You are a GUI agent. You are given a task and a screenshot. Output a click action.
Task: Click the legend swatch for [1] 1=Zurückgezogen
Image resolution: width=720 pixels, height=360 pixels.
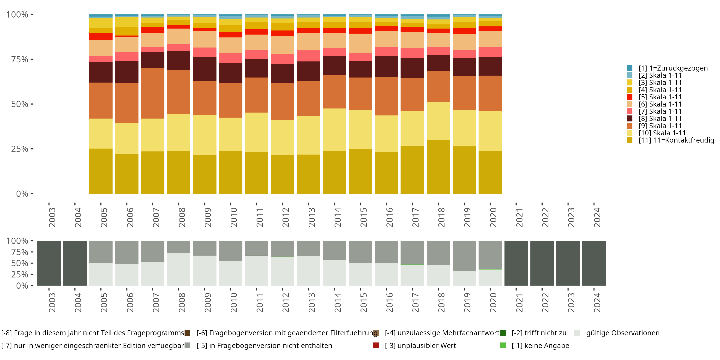[x=630, y=68]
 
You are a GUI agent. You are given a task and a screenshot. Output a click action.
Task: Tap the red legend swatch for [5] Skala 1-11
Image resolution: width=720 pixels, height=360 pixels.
[x=630, y=97]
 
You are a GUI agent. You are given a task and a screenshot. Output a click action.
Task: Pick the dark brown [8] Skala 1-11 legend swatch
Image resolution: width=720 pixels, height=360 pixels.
[x=630, y=118]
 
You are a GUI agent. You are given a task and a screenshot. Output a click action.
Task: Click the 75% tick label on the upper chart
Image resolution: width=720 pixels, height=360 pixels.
[x=20, y=59]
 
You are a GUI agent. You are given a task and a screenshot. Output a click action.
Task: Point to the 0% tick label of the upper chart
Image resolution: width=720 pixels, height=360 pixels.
[x=22, y=194]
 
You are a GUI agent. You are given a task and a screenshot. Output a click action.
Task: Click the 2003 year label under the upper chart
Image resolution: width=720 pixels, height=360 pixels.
[x=52, y=217]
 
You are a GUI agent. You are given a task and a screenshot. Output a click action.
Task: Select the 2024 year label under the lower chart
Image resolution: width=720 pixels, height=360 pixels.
[x=597, y=302]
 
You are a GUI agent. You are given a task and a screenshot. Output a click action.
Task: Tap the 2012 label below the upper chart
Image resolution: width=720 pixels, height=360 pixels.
[x=285, y=217]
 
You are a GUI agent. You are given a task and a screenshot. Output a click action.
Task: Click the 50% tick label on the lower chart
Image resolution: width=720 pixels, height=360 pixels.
[x=20, y=263]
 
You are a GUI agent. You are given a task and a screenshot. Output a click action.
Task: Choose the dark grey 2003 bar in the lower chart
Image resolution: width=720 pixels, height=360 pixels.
[x=49, y=263]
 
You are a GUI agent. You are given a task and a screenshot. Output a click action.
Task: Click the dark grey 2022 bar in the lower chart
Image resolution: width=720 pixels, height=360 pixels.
[x=542, y=263]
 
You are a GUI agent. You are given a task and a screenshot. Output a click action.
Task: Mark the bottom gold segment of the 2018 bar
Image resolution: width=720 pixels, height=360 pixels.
[x=438, y=167]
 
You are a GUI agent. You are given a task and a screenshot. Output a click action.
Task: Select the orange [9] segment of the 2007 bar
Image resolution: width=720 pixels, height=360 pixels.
[x=153, y=93]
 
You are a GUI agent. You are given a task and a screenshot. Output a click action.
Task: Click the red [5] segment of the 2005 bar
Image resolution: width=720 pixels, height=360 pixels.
[x=101, y=36]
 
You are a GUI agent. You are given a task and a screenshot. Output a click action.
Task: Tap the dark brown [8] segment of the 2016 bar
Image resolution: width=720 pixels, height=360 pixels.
[x=386, y=66]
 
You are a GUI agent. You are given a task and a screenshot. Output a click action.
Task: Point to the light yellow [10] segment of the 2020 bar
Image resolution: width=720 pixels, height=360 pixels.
[x=490, y=131]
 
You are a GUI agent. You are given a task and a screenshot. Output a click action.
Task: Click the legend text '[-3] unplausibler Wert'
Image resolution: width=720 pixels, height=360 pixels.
[x=420, y=345]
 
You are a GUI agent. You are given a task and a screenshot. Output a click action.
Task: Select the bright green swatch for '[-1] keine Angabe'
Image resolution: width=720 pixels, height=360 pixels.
[x=503, y=345]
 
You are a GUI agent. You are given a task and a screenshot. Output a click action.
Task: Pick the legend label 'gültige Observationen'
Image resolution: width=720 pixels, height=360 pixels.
[x=623, y=333]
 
